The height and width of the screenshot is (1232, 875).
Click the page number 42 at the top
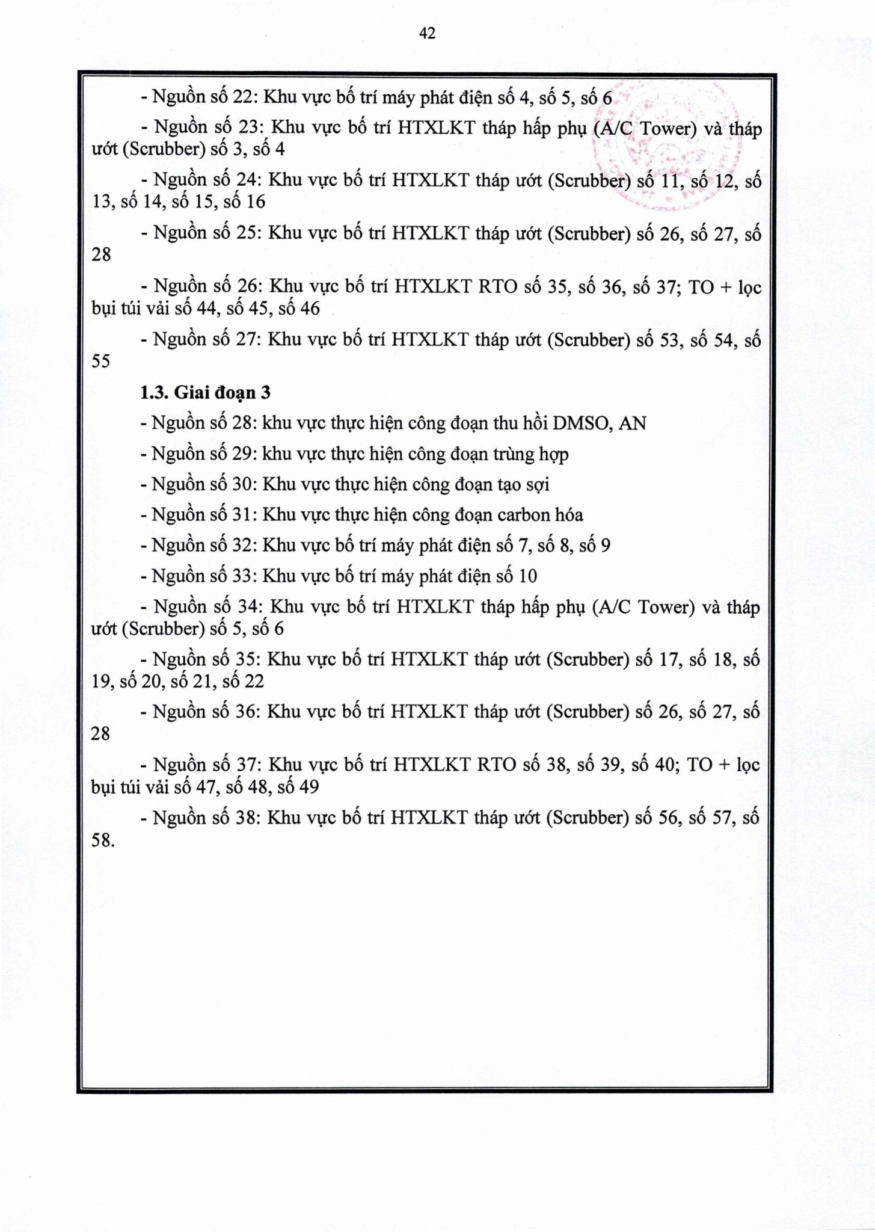[x=427, y=34]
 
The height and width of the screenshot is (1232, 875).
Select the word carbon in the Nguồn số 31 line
[x=523, y=515]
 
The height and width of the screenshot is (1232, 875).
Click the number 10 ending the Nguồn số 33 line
[x=527, y=576]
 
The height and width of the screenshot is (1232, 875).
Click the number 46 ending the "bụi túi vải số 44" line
[x=308, y=309]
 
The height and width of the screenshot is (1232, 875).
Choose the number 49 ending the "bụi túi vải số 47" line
[x=307, y=787]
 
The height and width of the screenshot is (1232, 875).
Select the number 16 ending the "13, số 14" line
[x=256, y=202]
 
